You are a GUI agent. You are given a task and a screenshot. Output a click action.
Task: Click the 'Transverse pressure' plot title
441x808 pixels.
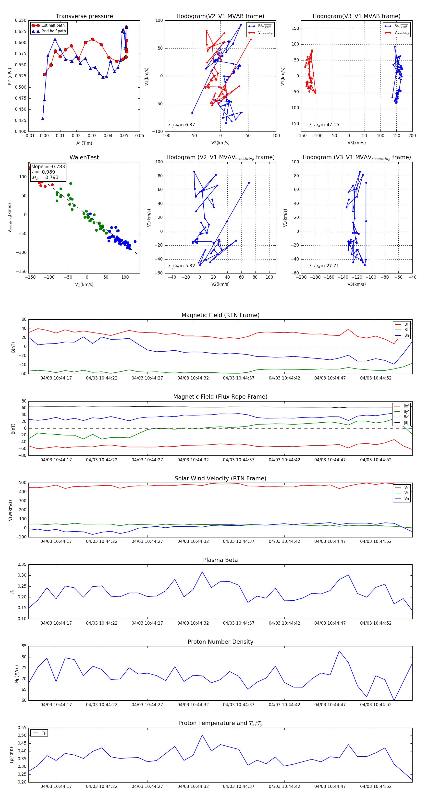coord(84,16)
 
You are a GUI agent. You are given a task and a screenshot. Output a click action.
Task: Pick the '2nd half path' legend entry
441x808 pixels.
coord(54,31)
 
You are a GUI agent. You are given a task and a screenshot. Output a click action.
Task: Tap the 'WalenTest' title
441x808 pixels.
coord(84,157)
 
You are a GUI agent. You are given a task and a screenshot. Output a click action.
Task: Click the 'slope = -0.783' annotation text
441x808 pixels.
coord(48,166)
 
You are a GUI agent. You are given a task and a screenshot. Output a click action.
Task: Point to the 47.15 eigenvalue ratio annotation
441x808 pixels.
coord(324,125)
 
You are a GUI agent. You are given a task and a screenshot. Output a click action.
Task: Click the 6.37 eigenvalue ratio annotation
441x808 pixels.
coord(181,125)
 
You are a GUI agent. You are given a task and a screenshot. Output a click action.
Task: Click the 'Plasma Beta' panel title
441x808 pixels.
coord(220,560)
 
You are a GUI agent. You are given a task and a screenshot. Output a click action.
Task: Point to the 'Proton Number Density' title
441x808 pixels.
coord(220,642)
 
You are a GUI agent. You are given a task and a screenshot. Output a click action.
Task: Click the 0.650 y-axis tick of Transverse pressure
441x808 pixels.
coord(21,20)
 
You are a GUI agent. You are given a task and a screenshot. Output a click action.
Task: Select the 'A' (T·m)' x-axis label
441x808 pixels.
coord(84,143)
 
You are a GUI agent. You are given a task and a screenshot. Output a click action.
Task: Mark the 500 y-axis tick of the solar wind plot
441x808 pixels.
coord(23,483)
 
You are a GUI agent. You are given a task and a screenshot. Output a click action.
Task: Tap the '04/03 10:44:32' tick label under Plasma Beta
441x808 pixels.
coord(193,623)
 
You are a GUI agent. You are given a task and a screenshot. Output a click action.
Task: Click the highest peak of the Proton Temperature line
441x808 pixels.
coord(202,735)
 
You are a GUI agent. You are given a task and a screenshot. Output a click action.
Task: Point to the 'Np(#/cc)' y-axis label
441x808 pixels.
coord(17,673)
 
